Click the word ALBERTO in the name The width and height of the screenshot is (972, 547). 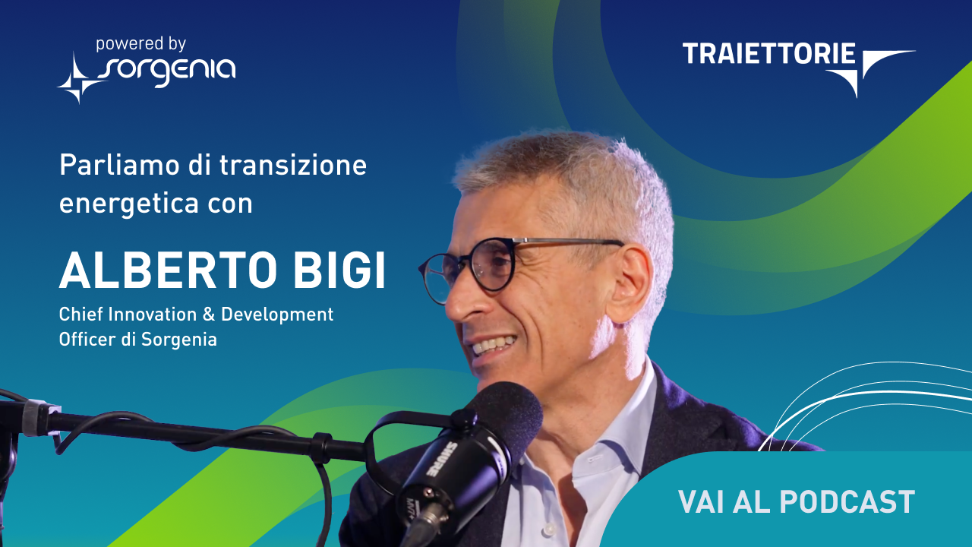click(x=168, y=270)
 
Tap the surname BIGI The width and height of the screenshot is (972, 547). click(x=339, y=270)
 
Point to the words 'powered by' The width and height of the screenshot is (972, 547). click(x=141, y=44)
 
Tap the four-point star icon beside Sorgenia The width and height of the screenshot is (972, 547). click(x=77, y=78)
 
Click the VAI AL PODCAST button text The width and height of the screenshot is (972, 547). click(x=797, y=502)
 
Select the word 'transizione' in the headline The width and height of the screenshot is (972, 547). click(x=293, y=165)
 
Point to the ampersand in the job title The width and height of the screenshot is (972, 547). click(x=209, y=315)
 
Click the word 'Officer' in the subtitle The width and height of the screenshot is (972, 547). click(x=87, y=339)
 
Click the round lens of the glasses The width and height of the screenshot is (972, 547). click(x=491, y=265)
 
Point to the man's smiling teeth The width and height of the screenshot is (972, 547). click(x=494, y=345)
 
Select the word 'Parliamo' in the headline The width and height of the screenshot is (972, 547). click(x=119, y=165)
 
